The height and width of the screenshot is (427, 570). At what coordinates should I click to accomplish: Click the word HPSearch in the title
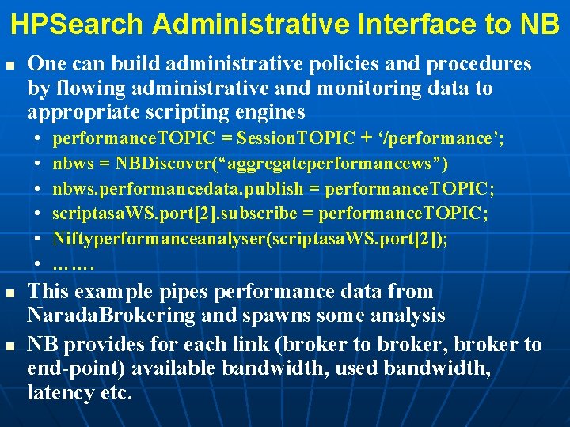click(x=77, y=24)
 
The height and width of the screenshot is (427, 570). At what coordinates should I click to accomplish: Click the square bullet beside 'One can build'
click(x=10, y=64)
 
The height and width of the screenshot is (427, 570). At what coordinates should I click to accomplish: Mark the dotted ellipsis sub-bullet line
click(x=74, y=264)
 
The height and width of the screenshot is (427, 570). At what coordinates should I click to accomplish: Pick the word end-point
click(x=72, y=368)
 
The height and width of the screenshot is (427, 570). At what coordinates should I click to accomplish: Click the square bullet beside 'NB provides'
click(x=10, y=346)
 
